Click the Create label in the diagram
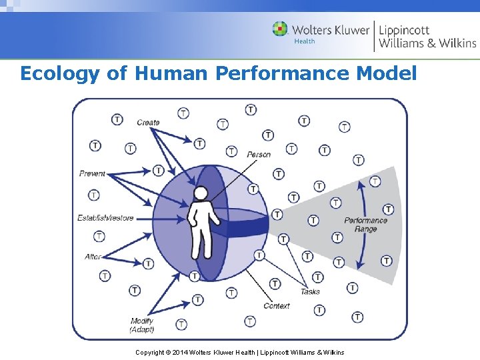click(148, 122)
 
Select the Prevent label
click(92, 173)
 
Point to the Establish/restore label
click(105, 218)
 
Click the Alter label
click(93, 257)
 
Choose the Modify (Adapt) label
click(142, 325)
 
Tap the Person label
click(259, 155)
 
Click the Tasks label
click(310, 291)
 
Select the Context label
click(277, 306)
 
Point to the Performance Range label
click(365, 225)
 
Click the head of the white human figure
click(200, 193)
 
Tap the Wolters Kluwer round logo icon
click(280, 29)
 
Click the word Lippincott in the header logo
click(404, 30)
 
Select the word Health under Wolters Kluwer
click(304, 41)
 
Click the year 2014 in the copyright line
click(179, 352)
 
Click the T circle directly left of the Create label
click(117, 119)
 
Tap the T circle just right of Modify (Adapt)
click(181, 324)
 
